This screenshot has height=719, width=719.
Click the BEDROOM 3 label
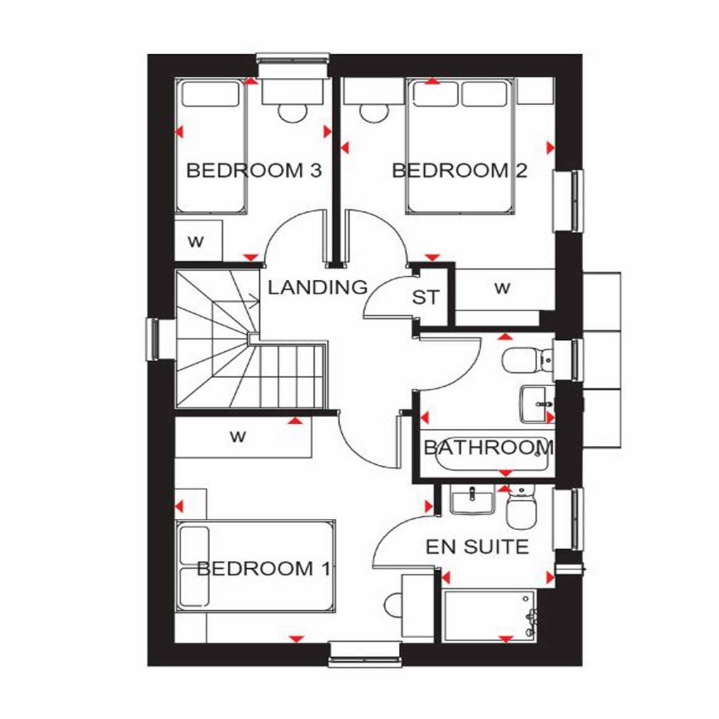[253, 171]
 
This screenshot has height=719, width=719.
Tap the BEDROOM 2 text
[460, 171]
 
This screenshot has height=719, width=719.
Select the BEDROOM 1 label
[264, 568]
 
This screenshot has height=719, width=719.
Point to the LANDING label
[318, 286]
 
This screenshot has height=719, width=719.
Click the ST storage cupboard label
[426, 297]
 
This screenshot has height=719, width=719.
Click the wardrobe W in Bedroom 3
[196, 242]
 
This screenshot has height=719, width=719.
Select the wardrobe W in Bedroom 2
[502, 287]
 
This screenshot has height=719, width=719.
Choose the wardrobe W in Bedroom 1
[239, 437]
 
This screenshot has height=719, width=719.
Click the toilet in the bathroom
[527, 359]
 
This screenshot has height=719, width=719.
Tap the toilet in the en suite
[522, 509]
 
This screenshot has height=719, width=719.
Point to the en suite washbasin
[473, 501]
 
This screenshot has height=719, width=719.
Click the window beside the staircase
[152, 339]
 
